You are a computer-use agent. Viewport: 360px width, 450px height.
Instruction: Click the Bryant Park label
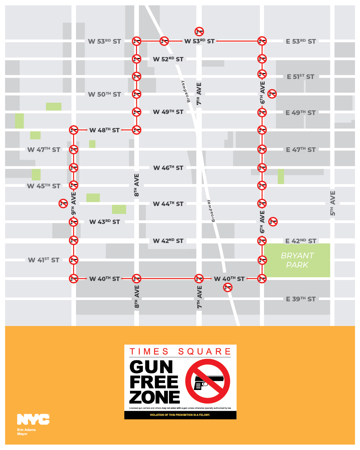coord(297,260)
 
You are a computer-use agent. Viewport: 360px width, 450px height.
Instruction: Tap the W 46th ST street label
coord(168,168)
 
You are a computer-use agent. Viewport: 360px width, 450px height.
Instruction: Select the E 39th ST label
coord(301,299)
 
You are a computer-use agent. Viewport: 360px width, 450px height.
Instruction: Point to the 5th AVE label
coord(332,203)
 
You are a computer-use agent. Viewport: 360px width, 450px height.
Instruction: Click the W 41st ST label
coord(44,260)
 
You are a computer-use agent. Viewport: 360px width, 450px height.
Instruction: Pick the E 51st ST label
coord(301,77)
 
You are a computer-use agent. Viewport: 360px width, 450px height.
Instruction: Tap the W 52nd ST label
coord(168,59)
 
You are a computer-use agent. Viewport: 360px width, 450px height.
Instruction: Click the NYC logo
coord(33,419)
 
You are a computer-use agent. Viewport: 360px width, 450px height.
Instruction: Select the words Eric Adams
coord(26,430)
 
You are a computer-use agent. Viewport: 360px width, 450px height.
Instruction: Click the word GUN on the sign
coord(151,367)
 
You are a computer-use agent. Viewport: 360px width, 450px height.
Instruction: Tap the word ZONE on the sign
coord(155,397)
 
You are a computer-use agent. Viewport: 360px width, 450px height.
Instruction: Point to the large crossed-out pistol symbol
coord(208,381)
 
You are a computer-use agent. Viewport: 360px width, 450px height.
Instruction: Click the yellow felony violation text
coord(180,415)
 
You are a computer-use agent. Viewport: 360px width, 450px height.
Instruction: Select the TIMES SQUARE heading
coord(180,351)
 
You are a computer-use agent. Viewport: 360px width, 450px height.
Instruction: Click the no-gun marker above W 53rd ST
coord(199,32)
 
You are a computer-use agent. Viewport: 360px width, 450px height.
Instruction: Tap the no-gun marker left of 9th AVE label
coord(63,203)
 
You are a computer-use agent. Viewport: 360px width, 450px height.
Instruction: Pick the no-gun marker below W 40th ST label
coord(228,287)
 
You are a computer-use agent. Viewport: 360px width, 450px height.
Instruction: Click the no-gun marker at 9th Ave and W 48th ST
coord(74,130)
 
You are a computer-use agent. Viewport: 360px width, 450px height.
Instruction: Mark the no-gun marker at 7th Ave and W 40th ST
coord(199,279)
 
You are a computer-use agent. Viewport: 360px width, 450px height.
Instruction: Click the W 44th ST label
coord(168,204)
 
